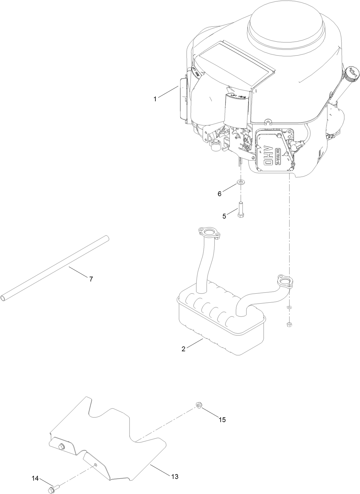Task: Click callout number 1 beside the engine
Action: click(x=155, y=99)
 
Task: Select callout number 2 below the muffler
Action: click(x=183, y=349)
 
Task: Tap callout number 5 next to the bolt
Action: click(x=224, y=216)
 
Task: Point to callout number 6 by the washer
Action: click(x=220, y=194)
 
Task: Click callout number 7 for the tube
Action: click(x=91, y=279)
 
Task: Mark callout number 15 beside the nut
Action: click(x=222, y=419)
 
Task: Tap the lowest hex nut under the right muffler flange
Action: click(x=289, y=324)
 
